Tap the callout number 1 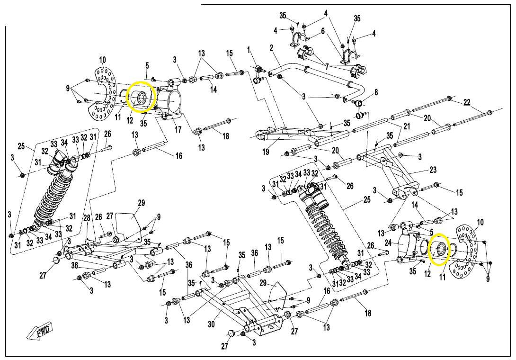[248, 49]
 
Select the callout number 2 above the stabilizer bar [271, 48]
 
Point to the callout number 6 [322, 31]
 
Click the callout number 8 [376, 92]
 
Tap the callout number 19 [266, 152]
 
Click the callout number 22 [466, 102]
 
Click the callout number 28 [87, 217]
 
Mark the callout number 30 [212, 324]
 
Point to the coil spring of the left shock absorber [53, 194]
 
